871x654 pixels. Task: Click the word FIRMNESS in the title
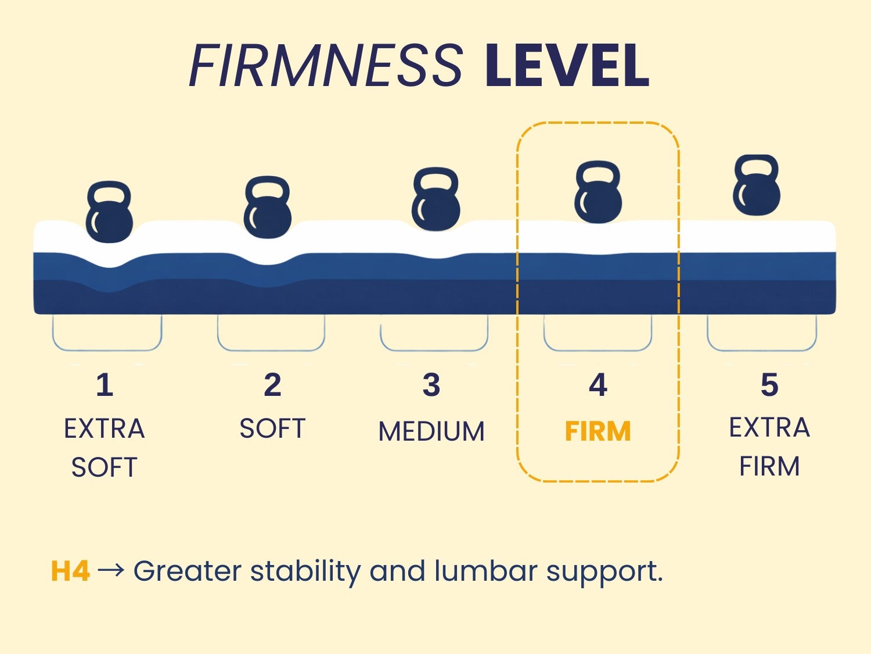point(326,65)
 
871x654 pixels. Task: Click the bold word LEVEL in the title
point(567,65)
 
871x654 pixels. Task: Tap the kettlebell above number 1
point(109,212)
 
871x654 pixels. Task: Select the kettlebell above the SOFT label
point(268,207)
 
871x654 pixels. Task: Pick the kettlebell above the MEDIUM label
point(435,199)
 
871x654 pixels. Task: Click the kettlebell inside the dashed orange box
point(598,192)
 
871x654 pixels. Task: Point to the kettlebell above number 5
point(757,185)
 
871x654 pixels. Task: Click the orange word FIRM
point(598,431)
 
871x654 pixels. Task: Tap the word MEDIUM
point(432,431)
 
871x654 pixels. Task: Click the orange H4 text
point(70,571)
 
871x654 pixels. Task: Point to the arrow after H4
point(111,570)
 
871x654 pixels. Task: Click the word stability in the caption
point(305,572)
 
